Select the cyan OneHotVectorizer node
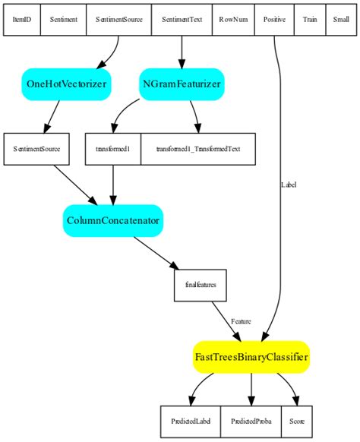pyautogui.click(x=67, y=84)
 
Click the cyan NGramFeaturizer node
pyautogui.click(x=182, y=84)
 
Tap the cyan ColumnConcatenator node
pyautogui.click(x=112, y=220)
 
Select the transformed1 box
pyautogui.click(x=112, y=148)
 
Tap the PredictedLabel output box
pyautogui.click(x=190, y=420)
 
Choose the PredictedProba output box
pyautogui.click(x=251, y=420)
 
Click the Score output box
pyautogui.click(x=296, y=420)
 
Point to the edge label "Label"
pyautogui.click(x=289, y=185)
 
